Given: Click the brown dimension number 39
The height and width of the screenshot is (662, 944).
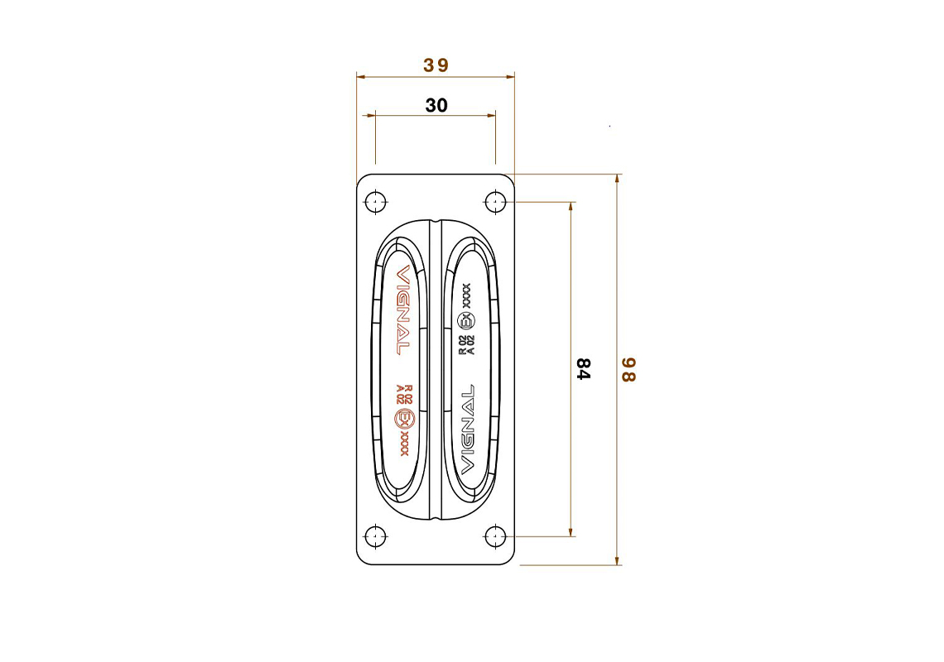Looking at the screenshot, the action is (436, 65).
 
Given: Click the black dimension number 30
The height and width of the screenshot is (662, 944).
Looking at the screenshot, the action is (436, 105).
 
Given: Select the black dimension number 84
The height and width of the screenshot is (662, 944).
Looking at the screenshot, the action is (583, 369).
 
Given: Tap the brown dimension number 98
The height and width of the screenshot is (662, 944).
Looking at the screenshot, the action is (629, 370).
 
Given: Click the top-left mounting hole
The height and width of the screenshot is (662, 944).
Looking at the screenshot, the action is (376, 202).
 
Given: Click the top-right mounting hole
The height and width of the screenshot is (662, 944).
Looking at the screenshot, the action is (495, 202).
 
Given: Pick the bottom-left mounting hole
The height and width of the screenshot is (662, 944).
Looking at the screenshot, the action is (376, 536).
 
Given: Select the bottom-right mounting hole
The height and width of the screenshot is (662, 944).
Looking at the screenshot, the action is (495, 536).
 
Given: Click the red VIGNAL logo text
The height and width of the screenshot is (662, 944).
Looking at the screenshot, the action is (402, 309).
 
